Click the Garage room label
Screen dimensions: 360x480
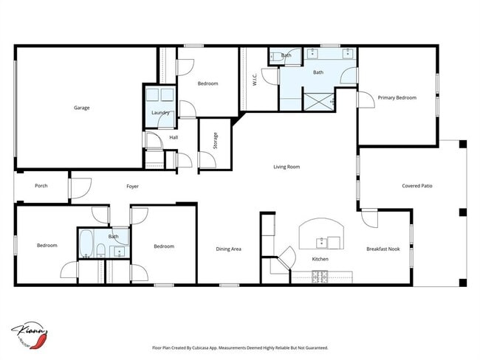81,108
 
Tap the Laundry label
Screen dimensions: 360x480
160,113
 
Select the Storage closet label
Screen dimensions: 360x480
216,141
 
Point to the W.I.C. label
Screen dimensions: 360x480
253,78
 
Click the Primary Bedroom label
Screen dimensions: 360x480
397,97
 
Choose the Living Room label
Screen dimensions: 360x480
287,167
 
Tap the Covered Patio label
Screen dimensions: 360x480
416,186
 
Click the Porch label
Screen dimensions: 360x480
41,186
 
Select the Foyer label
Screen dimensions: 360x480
131,186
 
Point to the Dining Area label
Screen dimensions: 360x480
228,249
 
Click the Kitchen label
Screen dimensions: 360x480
320,260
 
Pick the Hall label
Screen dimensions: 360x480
174,137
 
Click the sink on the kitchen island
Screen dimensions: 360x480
323,241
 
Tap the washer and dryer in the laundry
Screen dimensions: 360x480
160,96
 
